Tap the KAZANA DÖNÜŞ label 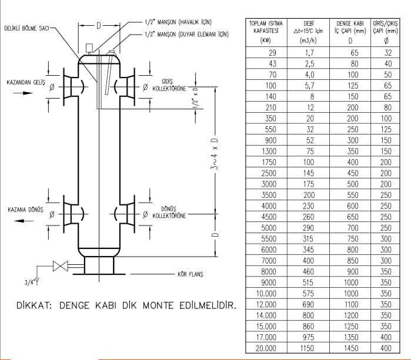[x=27, y=209]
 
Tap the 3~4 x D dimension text [x=216, y=156]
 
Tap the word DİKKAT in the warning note [x=36, y=305]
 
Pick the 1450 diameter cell [x=350, y=348]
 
